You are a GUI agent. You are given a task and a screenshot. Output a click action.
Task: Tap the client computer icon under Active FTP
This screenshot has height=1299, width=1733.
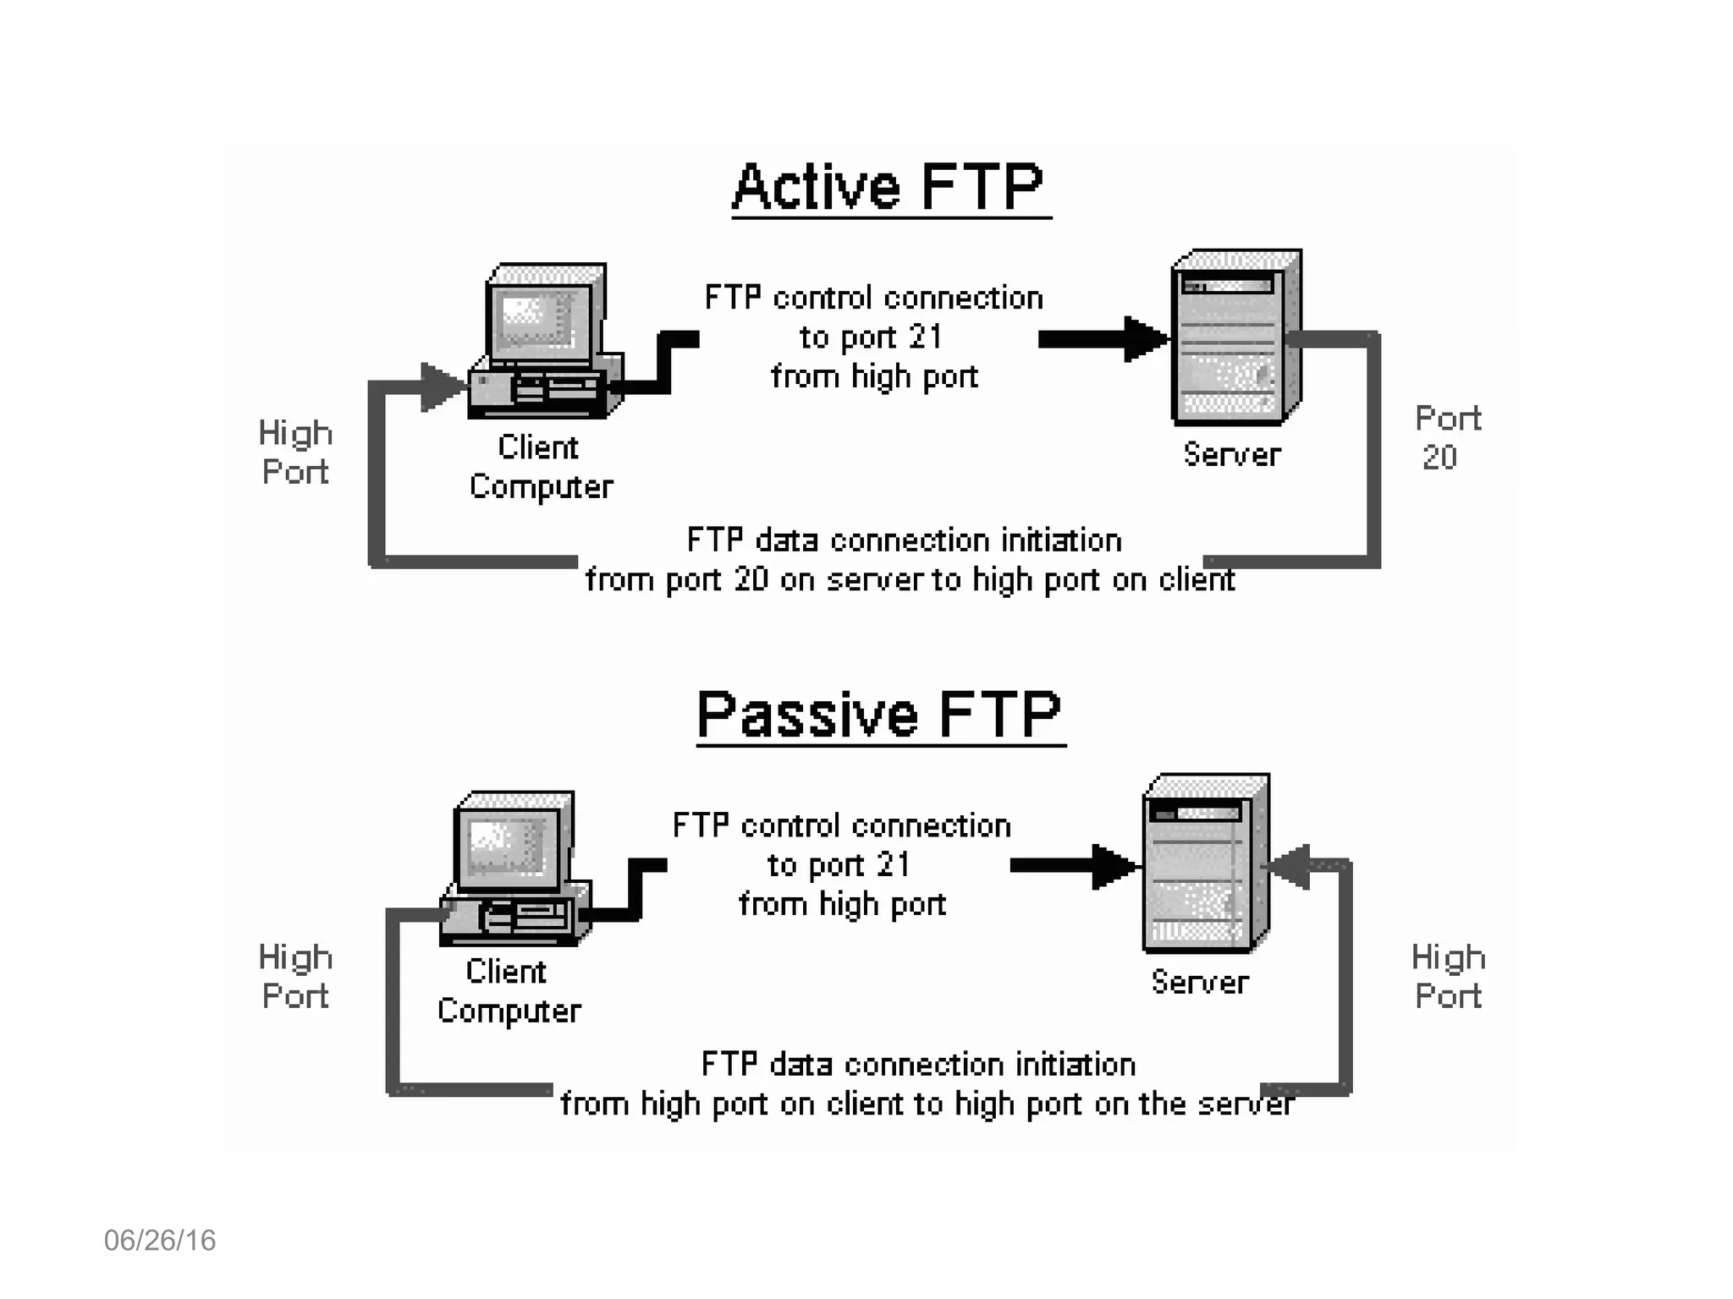pos(546,343)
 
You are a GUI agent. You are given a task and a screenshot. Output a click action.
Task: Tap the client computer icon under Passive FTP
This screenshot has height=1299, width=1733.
pos(514,871)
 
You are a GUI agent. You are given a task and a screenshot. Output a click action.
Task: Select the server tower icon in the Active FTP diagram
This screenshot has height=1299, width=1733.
pos(1235,338)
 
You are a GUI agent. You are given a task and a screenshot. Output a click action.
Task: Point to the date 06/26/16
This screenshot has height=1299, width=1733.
pos(160,1241)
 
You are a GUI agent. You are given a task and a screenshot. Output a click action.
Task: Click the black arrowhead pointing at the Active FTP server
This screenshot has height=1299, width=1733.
pos(1146,339)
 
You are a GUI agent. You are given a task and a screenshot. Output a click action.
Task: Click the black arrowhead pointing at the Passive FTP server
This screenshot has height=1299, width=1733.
pos(1114,866)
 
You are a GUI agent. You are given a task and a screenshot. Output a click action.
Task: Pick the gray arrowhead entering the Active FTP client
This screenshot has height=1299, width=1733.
pos(442,387)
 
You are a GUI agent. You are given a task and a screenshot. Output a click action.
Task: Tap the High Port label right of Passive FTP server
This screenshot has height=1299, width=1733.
pos(1448,977)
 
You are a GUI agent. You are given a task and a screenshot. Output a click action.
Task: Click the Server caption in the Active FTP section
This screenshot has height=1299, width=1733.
pos(1231,455)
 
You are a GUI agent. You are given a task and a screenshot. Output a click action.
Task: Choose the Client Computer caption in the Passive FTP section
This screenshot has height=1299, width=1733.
pos(509,991)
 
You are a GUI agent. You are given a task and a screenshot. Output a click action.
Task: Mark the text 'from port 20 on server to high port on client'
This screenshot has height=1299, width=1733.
pos(910,580)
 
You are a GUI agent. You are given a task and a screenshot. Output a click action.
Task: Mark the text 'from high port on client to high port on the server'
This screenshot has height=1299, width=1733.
pos(927,1104)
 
